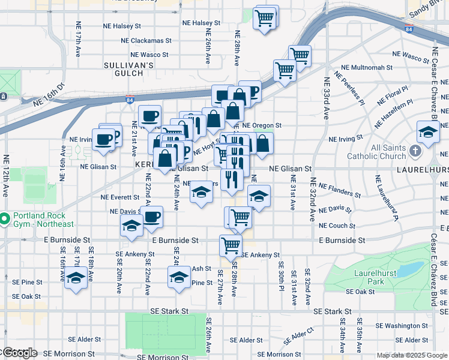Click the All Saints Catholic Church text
coord(379,152)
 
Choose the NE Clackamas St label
coord(146,41)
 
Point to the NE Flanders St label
coord(339,190)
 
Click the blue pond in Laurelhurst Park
coord(410,269)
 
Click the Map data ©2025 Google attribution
coord(411,355)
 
